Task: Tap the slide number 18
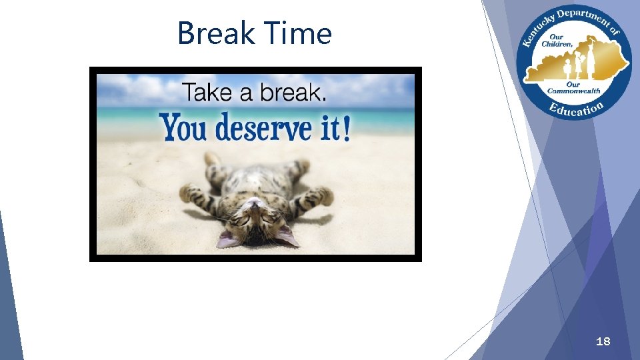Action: [x=603, y=342]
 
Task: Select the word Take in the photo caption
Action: [x=208, y=93]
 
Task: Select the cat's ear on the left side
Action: [x=228, y=239]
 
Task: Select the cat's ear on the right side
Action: [x=286, y=235]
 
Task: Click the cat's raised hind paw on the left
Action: [x=213, y=159]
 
